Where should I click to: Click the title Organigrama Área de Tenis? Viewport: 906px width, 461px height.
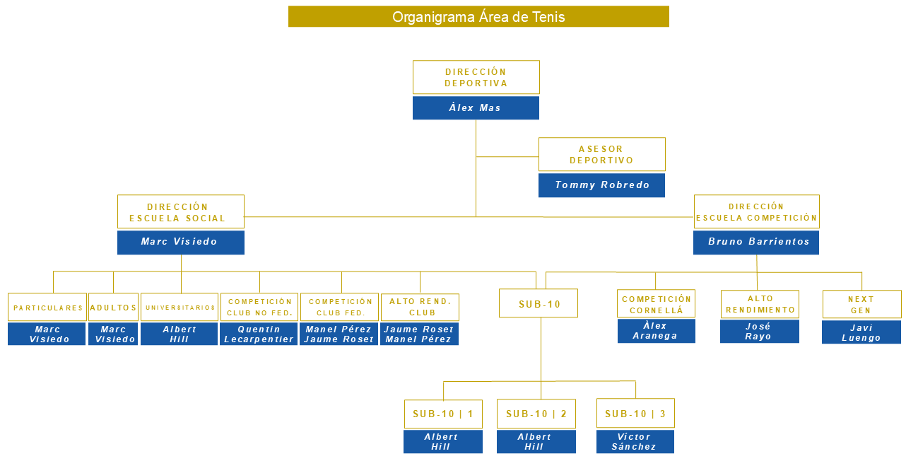pyautogui.click(x=478, y=17)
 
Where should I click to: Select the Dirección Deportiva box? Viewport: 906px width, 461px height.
pyautogui.click(x=476, y=77)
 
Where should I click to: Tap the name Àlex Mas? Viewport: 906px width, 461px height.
pyautogui.click(x=476, y=108)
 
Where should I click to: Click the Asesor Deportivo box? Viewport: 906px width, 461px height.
pyautogui.click(x=601, y=154)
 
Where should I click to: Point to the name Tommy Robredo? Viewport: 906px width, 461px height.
pyautogui.click(x=601, y=185)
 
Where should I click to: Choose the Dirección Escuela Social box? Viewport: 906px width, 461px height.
pyautogui.click(x=180, y=212)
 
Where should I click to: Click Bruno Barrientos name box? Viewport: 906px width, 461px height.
pyautogui.click(x=756, y=243)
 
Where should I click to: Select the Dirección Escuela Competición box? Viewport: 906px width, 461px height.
pyautogui.click(x=756, y=212)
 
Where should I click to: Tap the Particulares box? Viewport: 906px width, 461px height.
pyautogui.click(x=47, y=308)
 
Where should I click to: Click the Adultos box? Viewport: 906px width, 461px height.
pyautogui.click(x=113, y=308)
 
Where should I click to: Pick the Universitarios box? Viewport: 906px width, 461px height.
pyautogui.click(x=180, y=308)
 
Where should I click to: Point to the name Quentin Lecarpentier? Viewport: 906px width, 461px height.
pyautogui.click(x=259, y=334)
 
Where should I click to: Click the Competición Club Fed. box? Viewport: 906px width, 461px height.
pyautogui.click(x=340, y=307)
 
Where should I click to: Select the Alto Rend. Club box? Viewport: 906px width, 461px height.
pyautogui.click(x=420, y=307)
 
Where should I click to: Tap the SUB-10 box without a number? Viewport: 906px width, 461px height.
pyautogui.click(x=539, y=303)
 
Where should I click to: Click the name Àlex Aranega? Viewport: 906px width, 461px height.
pyautogui.click(x=656, y=331)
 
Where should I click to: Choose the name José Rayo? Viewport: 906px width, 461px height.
pyautogui.click(x=759, y=332)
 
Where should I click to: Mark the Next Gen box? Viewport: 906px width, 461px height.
pyautogui.click(x=861, y=304)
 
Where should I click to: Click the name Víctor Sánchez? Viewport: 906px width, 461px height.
pyautogui.click(x=635, y=442)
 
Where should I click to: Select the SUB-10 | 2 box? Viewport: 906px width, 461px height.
pyautogui.click(x=536, y=414)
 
